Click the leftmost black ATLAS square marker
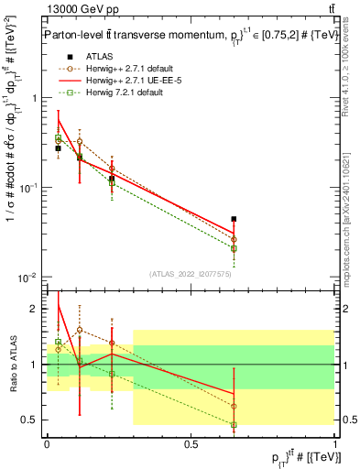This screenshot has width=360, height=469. [58, 147]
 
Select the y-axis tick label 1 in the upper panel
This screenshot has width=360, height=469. [37, 98]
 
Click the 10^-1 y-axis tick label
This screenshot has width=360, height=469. [31, 188]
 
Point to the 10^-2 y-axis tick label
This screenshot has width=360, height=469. [31, 278]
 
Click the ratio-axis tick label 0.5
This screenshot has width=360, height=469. [33, 420]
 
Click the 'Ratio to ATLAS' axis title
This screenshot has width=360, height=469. [12, 364]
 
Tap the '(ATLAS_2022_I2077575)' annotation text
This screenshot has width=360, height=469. [191, 274]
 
